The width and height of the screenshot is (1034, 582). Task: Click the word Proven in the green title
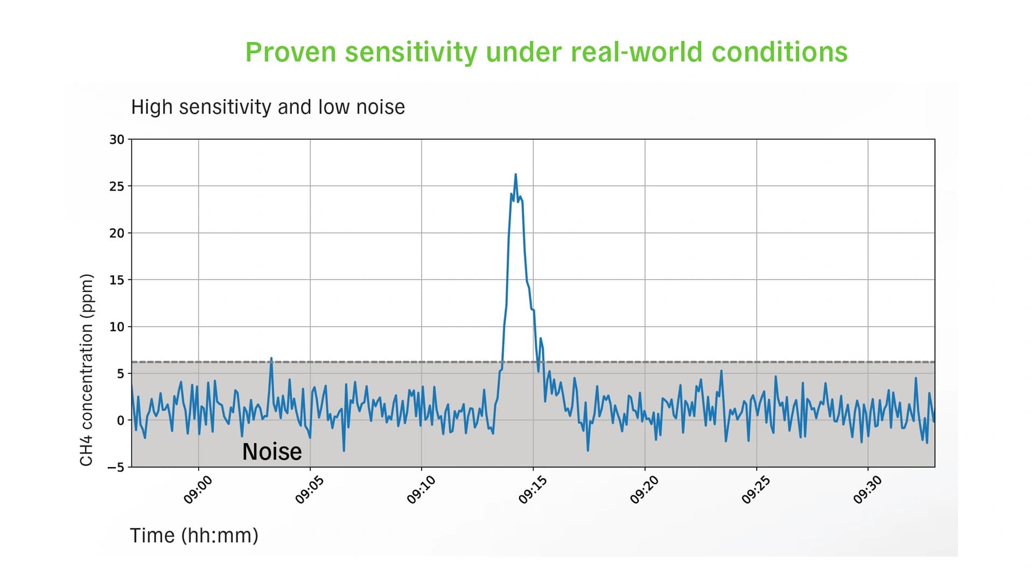pos(291,53)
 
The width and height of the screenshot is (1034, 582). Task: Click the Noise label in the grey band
pos(272,452)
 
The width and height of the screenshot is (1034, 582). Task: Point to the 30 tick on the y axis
pos(117,140)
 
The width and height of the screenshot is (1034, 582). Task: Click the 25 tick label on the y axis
pos(117,186)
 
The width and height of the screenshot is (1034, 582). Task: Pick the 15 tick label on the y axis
pos(117,280)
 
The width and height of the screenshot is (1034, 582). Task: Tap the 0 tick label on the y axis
pos(121,420)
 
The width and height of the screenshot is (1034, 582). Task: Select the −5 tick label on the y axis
pos(115,467)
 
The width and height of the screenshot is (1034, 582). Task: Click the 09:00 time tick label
pos(198,490)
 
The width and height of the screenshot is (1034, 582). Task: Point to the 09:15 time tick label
pos(533,490)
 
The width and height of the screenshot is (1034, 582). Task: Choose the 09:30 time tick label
pos(867,490)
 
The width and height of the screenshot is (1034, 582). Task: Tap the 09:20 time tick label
pos(644,490)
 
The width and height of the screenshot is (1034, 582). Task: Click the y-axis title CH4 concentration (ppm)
pos(87,370)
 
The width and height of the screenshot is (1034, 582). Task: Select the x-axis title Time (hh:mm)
pos(194,536)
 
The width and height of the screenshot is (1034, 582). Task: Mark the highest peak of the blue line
pos(515,175)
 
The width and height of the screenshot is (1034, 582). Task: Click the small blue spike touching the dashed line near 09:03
pos(271,359)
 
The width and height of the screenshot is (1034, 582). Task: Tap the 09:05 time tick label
pos(309,490)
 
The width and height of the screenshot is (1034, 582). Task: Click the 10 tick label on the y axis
pos(117,327)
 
